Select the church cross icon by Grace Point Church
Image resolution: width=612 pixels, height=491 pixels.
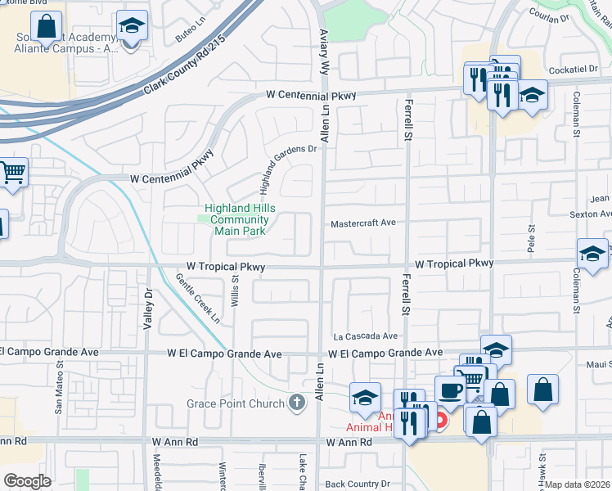[x=296, y=403]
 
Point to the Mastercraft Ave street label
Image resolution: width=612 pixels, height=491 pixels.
[x=363, y=223]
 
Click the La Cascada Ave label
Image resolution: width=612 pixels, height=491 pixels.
[x=365, y=336]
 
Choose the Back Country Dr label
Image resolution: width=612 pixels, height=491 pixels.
[x=363, y=484]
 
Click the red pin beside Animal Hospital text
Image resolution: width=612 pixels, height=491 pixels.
[x=441, y=421]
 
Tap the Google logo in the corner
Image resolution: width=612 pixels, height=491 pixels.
[x=27, y=481]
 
